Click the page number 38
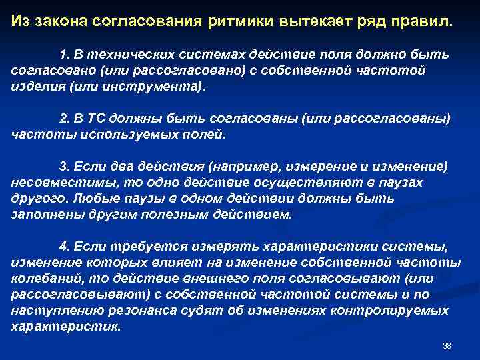447,346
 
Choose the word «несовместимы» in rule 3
55,183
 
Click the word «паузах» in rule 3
403,183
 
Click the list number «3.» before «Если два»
65,167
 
